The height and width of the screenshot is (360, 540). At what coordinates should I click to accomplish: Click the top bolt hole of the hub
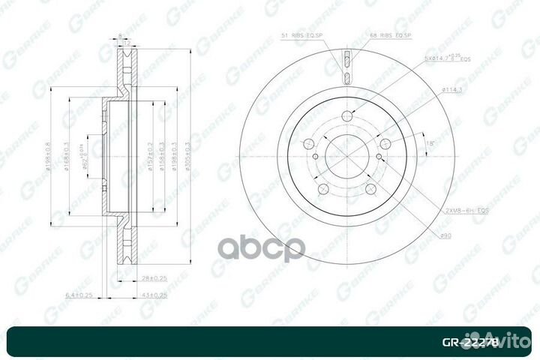click(x=347, y=115)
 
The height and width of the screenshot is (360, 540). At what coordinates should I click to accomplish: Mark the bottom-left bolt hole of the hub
click(x=323, y=189)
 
